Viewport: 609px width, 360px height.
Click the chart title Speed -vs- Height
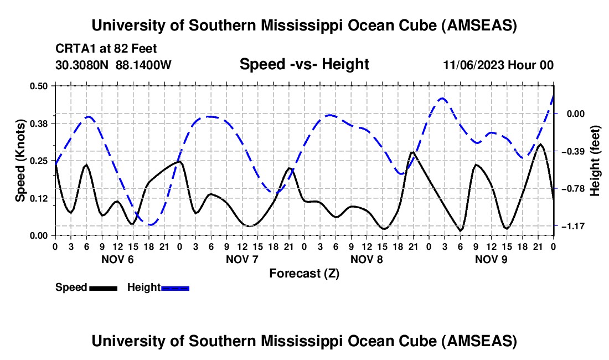(304, 64)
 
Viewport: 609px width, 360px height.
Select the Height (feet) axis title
(596, 161)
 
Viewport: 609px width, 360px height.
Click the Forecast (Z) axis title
(304, 273)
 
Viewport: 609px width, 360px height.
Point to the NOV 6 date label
(117, 259)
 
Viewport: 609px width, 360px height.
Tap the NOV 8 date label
(367, 259)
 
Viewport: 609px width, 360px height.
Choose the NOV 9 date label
(491, 259)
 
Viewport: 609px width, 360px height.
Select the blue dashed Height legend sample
(175, 287)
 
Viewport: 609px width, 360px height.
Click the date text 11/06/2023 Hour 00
(498, 65)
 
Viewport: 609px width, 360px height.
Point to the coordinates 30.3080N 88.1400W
(113, 65)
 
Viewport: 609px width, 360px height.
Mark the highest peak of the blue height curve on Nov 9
(442, 99)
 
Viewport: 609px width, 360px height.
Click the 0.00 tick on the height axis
(574, 114)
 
